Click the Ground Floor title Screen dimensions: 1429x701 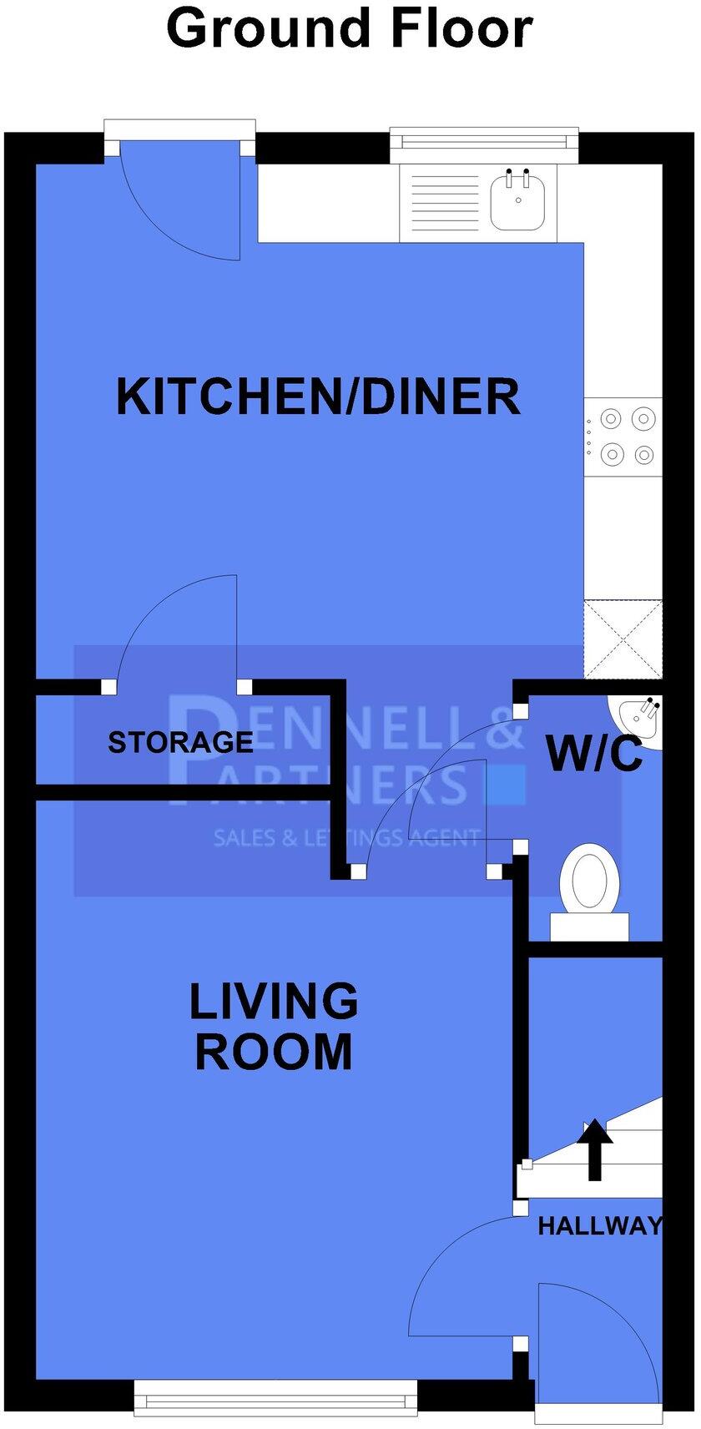(350, 28)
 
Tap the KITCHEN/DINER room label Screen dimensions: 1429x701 (318, 396)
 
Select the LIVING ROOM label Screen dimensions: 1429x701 (274, 1026)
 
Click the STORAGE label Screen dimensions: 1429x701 (180, 742)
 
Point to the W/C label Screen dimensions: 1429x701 (594, 753)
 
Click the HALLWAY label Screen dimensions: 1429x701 (599, 1225)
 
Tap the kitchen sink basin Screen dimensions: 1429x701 (517, 201)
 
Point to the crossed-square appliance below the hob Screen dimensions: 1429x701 (623, 639)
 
